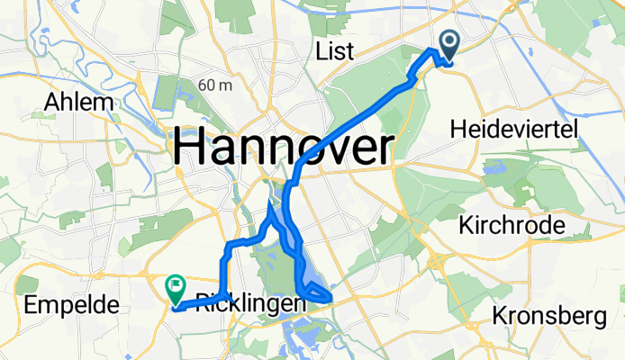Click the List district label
pos(334,50)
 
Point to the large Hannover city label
pos(284,147)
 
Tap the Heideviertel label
pos(525,131)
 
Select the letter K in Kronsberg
pos(501,317)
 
